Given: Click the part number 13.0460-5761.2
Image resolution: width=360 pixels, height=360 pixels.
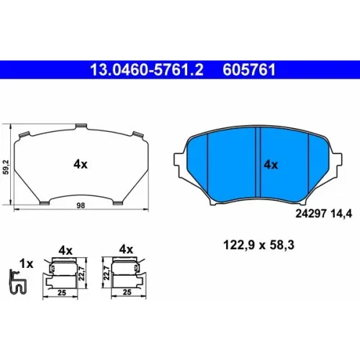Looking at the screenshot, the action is [147, 70].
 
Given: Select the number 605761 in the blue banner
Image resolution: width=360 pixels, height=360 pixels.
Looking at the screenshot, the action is [249, 70].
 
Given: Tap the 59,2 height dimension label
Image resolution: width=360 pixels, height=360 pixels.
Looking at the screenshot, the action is [6, 167].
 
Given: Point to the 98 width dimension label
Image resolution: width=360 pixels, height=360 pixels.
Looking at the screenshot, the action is [81, 206].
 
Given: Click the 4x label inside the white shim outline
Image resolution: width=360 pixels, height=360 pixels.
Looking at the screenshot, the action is [81, 164].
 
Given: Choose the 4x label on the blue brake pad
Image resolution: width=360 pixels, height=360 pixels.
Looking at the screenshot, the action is [271, 165].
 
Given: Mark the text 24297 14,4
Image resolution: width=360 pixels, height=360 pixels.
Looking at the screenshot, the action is [324, 214].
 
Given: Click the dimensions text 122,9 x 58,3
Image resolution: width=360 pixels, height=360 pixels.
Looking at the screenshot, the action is [258, 246].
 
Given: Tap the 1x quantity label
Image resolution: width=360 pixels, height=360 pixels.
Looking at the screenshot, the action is [27, 264].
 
